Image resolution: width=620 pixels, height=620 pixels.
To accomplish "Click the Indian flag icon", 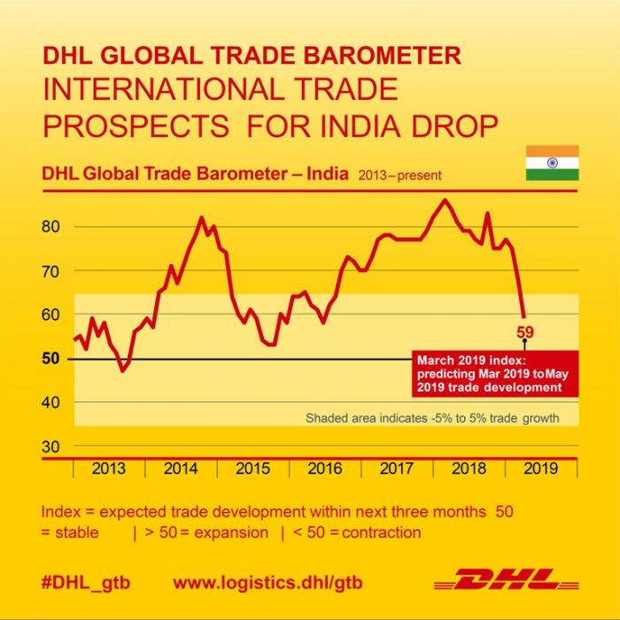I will [x=552, y=163].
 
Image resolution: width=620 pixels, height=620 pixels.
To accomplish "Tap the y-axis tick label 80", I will [x=51, y=226].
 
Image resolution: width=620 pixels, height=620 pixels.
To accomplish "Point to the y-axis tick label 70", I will [x=51, y=270].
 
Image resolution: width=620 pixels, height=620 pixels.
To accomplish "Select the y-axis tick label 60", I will [x=51, y=314].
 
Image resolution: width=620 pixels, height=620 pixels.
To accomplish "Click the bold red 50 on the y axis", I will [x=51, y=358].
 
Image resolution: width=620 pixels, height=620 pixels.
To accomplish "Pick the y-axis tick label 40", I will [x=51, y=402].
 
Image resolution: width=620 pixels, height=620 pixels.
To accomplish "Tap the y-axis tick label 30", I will [x=51, y=446].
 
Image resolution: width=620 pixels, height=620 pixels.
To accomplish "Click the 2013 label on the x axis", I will [x=108, y=469].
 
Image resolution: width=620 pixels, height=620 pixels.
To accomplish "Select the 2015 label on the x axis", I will [x=252, y=469].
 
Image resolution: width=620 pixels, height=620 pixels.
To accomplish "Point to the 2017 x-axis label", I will [x=396, y=469].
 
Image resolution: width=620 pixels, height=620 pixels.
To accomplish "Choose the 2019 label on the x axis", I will [x=540, y=469].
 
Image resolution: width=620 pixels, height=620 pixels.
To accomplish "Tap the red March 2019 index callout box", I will [x=494, y=374].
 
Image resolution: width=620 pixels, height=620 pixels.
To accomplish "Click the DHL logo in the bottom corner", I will [x=508, y=581].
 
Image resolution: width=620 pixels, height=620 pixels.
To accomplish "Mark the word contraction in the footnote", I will [x=376, y=532].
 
